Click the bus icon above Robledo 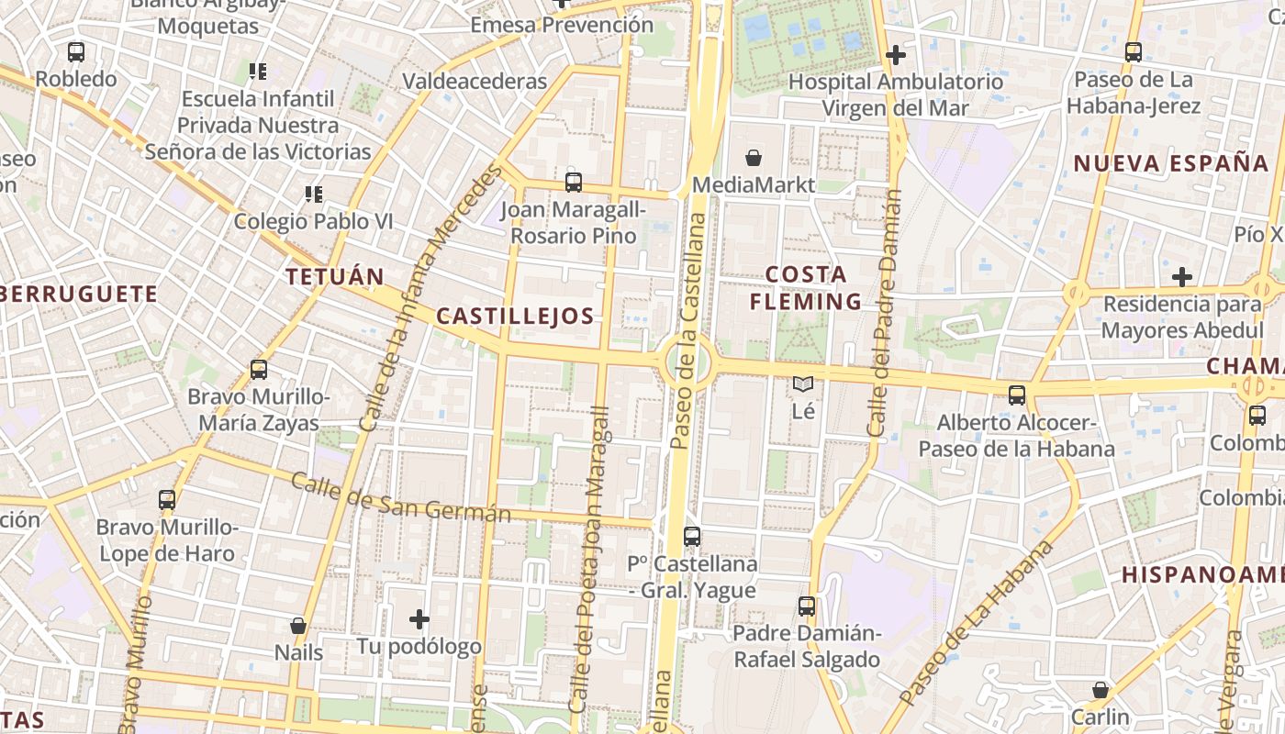coord(76,52)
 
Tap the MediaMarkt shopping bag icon coord(754,158)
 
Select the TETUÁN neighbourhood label coord(334,276)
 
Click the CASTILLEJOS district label coord(515,317)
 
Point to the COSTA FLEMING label coord(806,287)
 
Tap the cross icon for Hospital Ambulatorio coord(896,55)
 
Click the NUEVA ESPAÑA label coord(1171,164)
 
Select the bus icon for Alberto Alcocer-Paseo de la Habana coord(1017,395)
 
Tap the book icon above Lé coord(803,384)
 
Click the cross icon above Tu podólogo coord(419,619)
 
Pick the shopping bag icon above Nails coord(298,626)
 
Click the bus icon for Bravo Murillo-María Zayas coord(259,370)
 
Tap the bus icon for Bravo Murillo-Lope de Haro coord(167,500)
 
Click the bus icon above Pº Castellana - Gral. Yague coord(692,537)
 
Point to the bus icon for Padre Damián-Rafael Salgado coord(807,606)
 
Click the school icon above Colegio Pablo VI coord(313,195)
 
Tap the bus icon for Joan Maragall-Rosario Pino coord(574,183)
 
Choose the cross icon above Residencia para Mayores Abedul coord(1182,276)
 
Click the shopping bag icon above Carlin coord(1101,689)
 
